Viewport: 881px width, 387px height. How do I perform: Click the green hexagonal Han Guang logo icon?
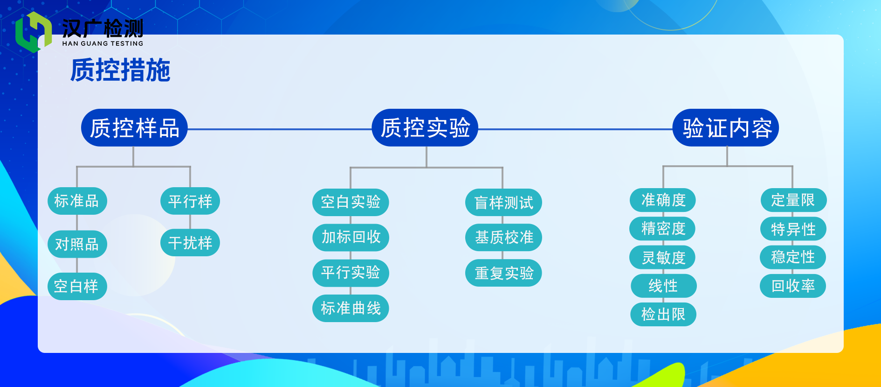(x=34, y=32)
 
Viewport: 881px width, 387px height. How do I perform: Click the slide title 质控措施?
(x=120, y=70)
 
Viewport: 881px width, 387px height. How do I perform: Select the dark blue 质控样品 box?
(x=134, y=128)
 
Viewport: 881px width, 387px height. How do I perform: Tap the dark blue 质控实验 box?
(x=425, y=128)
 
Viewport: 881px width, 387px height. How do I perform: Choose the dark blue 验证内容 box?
(x=726, y=128)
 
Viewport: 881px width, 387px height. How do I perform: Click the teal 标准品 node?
(x=77, y=201)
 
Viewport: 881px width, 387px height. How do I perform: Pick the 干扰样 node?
(x=190, y=243)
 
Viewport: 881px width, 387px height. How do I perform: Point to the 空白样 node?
(x=77, y=286)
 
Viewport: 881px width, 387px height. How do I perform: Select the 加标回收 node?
(x=351, y=237)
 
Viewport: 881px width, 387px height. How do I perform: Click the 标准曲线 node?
(x=351, y=308)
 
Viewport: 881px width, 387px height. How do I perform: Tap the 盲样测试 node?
(x=503, y=203)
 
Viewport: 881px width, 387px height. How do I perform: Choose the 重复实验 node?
(x=503, y=273)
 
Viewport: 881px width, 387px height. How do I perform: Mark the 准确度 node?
(x=663, y=200)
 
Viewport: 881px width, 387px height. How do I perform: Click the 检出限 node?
(x=663, y=314)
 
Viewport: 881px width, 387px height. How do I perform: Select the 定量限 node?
(x=793, y=200)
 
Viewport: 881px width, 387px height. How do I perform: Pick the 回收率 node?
(x=793, y=286)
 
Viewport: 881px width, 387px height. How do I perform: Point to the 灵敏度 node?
(x=662, y=257)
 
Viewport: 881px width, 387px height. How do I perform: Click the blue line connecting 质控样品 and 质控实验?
(x=280, y=129)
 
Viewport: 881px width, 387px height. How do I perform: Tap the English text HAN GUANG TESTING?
(x=103, y=43)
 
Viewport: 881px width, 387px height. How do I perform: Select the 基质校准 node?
(x=503, y=238)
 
